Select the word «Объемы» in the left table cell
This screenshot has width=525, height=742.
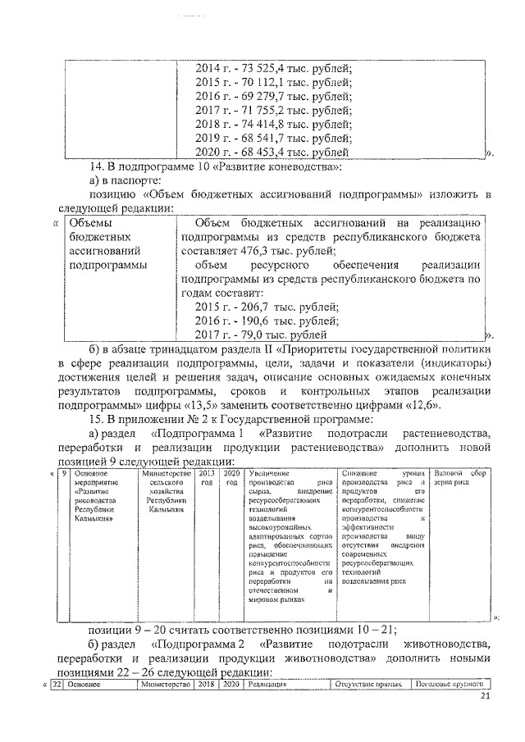[90, 222]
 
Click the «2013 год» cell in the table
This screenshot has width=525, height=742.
[207, 478]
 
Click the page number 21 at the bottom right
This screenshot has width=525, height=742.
[484, 697]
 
